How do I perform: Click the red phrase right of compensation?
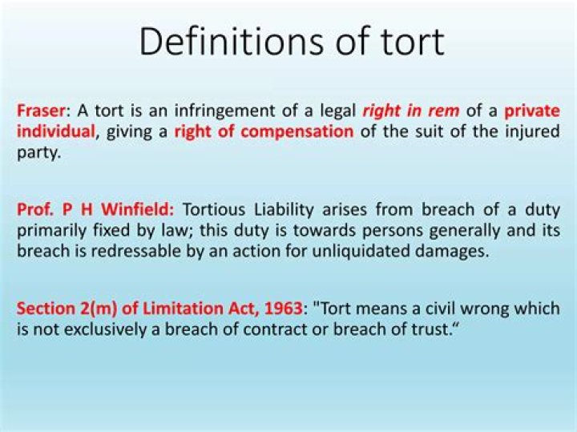[264, 131]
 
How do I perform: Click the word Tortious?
[216, 210]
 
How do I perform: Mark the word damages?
[459, 249]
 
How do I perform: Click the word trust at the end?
[421, 327]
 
